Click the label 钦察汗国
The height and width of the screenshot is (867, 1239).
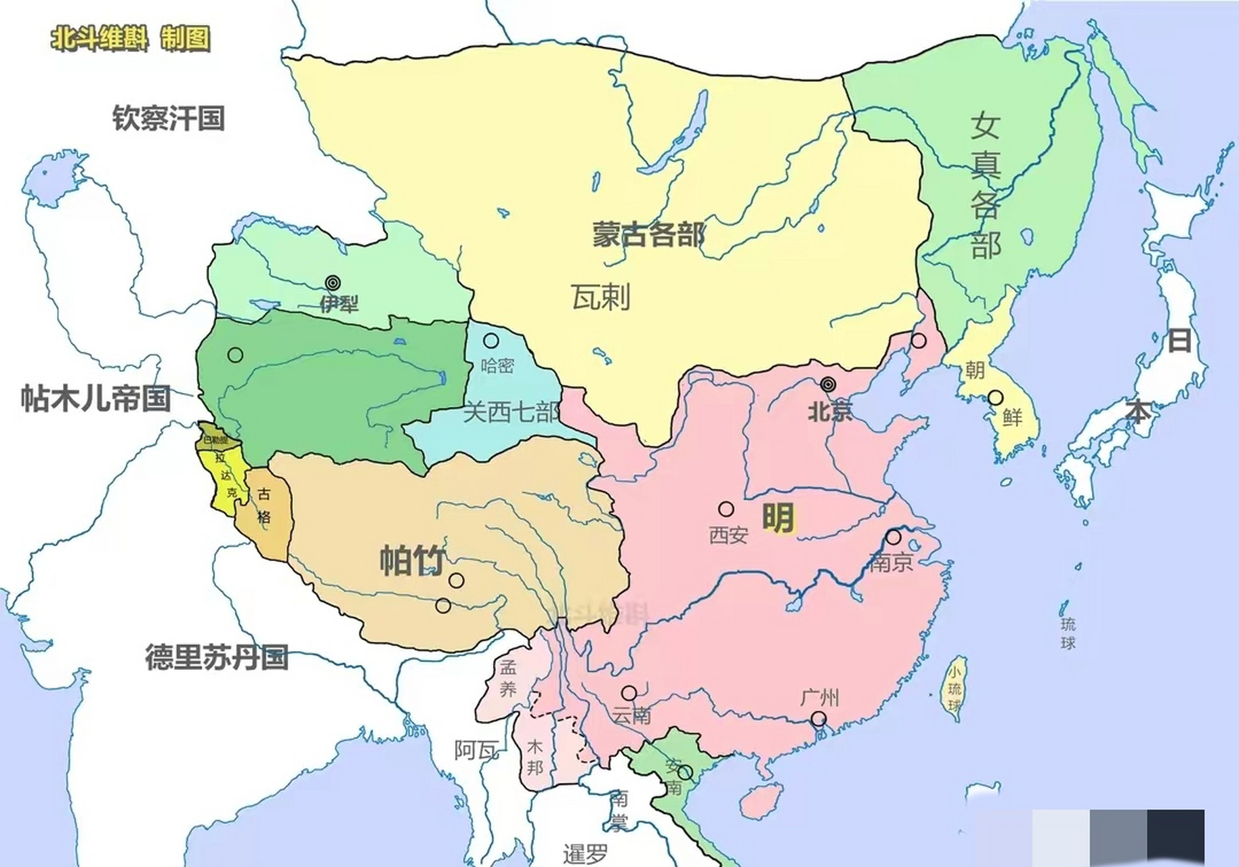(169, 119)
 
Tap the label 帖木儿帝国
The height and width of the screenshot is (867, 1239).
(96, 398)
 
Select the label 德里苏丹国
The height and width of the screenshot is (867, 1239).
(217, 657)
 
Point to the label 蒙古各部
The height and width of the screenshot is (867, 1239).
(648, 234)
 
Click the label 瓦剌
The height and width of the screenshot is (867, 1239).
(601, 297)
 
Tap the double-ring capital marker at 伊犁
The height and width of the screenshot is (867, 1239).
(332, 283)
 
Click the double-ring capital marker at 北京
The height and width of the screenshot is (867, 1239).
(828, 385)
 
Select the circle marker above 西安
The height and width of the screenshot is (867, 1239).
(726, 509)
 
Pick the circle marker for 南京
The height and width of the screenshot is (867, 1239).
(894, 538)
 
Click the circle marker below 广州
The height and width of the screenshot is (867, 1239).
(819, 719)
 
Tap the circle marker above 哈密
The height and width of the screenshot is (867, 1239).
(491, 341)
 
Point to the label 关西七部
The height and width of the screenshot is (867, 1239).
(512, 412)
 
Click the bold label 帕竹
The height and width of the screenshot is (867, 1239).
(412, 560)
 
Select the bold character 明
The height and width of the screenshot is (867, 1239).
(778, 518)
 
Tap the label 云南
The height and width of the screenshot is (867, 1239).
(631, 715)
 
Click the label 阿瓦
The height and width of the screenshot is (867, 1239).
(477, 750)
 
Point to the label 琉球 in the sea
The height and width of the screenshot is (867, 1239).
(1068, 633)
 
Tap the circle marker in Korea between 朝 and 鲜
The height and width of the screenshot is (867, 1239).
(995, 398)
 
